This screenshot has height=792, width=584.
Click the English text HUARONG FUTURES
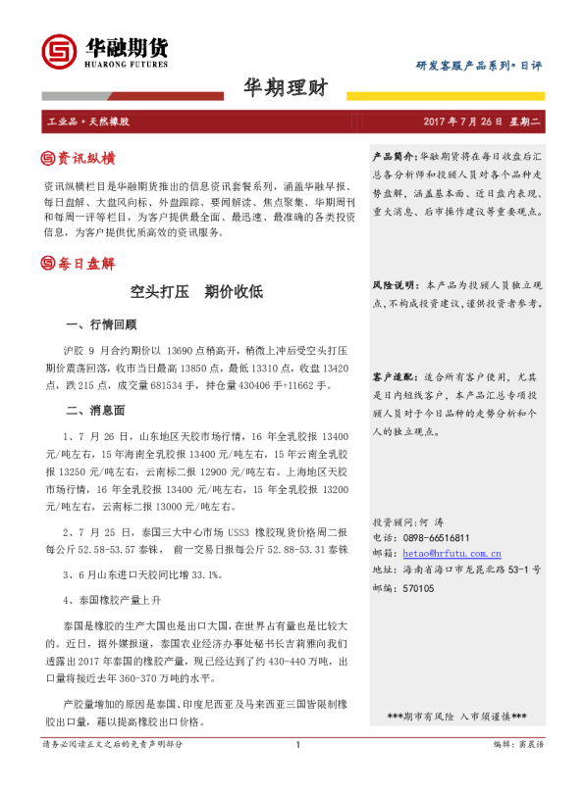[x=125, y=67]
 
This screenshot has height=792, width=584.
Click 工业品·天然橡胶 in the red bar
[x=89, y=123]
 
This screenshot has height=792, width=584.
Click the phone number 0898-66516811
[x=437, y=538]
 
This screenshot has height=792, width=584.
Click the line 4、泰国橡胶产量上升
[x=112, y=599]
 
